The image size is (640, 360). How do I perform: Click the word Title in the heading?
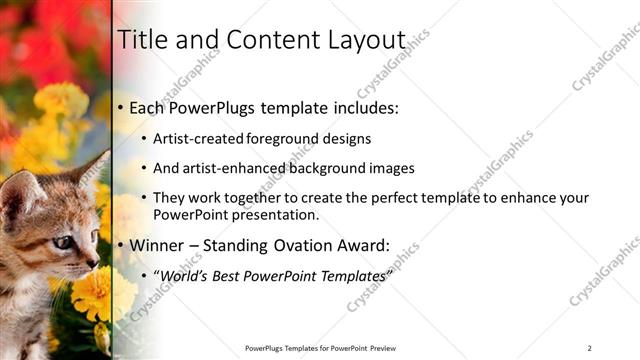142,40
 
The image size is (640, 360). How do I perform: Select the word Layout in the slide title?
368,40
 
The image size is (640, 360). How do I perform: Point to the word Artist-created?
195,139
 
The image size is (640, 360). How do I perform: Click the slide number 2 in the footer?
590,348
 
